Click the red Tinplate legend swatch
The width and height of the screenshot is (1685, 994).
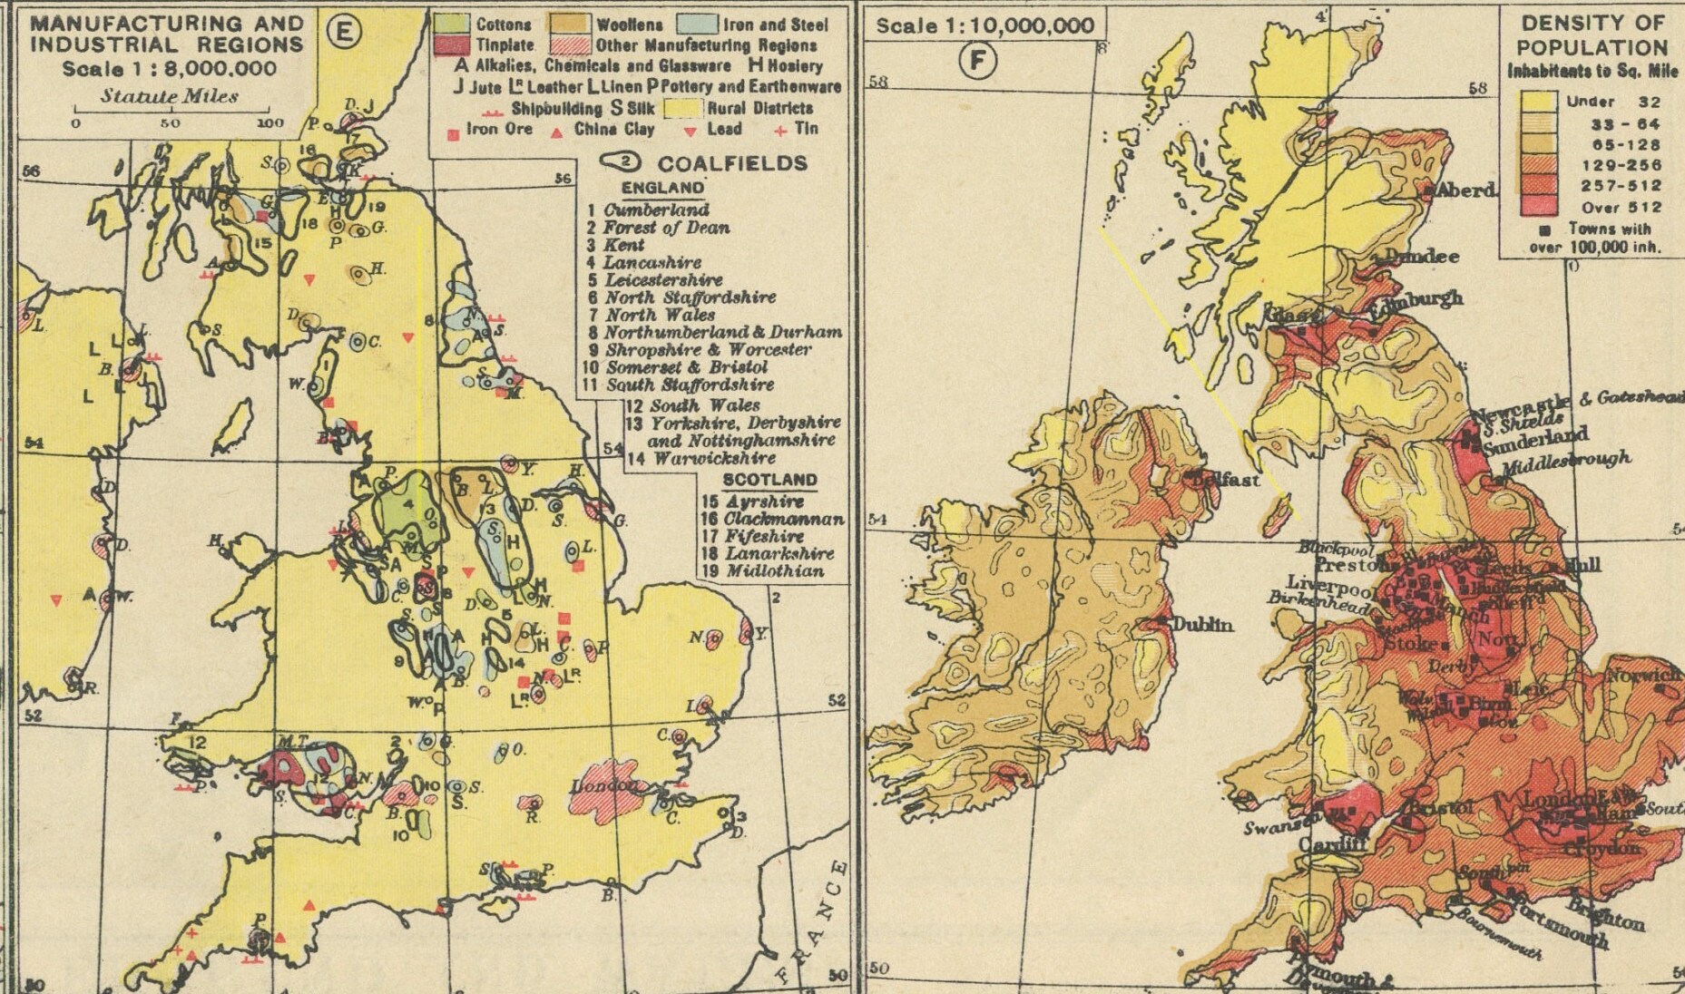(452, 44)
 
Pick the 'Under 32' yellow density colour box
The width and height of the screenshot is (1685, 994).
(1539, 102)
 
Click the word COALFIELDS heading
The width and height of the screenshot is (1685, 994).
(731, 163)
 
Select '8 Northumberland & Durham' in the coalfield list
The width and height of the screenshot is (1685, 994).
(714, 333)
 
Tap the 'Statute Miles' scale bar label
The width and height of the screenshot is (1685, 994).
(170, 96)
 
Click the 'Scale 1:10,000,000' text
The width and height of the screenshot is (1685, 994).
(985, 25)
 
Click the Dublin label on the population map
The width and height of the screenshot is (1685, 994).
(1202, 625)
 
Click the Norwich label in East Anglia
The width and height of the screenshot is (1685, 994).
(1643, 676)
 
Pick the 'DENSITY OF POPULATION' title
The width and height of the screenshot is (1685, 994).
(1592, 35)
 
